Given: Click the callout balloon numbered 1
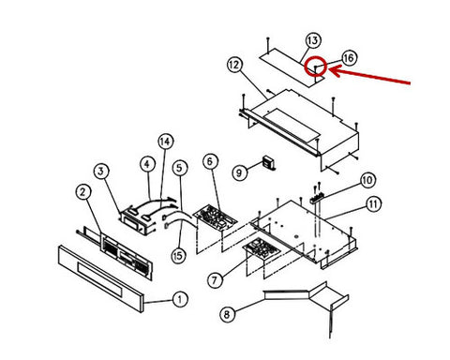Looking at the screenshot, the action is point(180,299).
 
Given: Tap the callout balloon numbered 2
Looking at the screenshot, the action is point(83,192).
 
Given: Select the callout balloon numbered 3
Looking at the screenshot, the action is point(101,171).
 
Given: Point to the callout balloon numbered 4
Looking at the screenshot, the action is point(147,164).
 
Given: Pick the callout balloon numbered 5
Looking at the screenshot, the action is point(179,168).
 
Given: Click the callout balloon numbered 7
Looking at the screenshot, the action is point(216,279).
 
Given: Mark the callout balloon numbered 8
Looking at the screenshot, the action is point(228,314).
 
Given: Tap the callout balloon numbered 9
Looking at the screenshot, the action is point(240,172).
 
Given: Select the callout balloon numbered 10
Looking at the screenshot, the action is point(367,180).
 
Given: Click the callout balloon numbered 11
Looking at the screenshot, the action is point(373,204).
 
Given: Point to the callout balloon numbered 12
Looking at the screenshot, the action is point(234,65).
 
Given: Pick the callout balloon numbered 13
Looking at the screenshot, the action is point(313,40).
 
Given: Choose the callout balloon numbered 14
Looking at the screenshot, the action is point(165,142).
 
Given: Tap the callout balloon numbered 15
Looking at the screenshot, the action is point(178,256).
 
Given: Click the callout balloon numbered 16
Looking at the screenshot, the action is point(349,58).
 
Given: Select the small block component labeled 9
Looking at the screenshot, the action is point(269,163).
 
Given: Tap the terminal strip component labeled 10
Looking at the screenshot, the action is point(316,198).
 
